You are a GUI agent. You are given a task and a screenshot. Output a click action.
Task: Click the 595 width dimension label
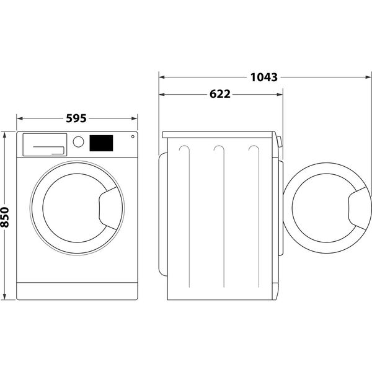75,117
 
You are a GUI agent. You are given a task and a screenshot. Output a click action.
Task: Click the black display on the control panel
101,143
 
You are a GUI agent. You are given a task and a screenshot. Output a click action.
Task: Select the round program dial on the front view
78,141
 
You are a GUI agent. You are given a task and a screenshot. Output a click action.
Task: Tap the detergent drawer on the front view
44,144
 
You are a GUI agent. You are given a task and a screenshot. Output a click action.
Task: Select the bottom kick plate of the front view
77,290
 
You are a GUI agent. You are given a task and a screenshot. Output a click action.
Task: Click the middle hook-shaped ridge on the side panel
218,151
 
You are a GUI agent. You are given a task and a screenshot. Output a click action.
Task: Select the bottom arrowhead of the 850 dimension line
6,296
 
